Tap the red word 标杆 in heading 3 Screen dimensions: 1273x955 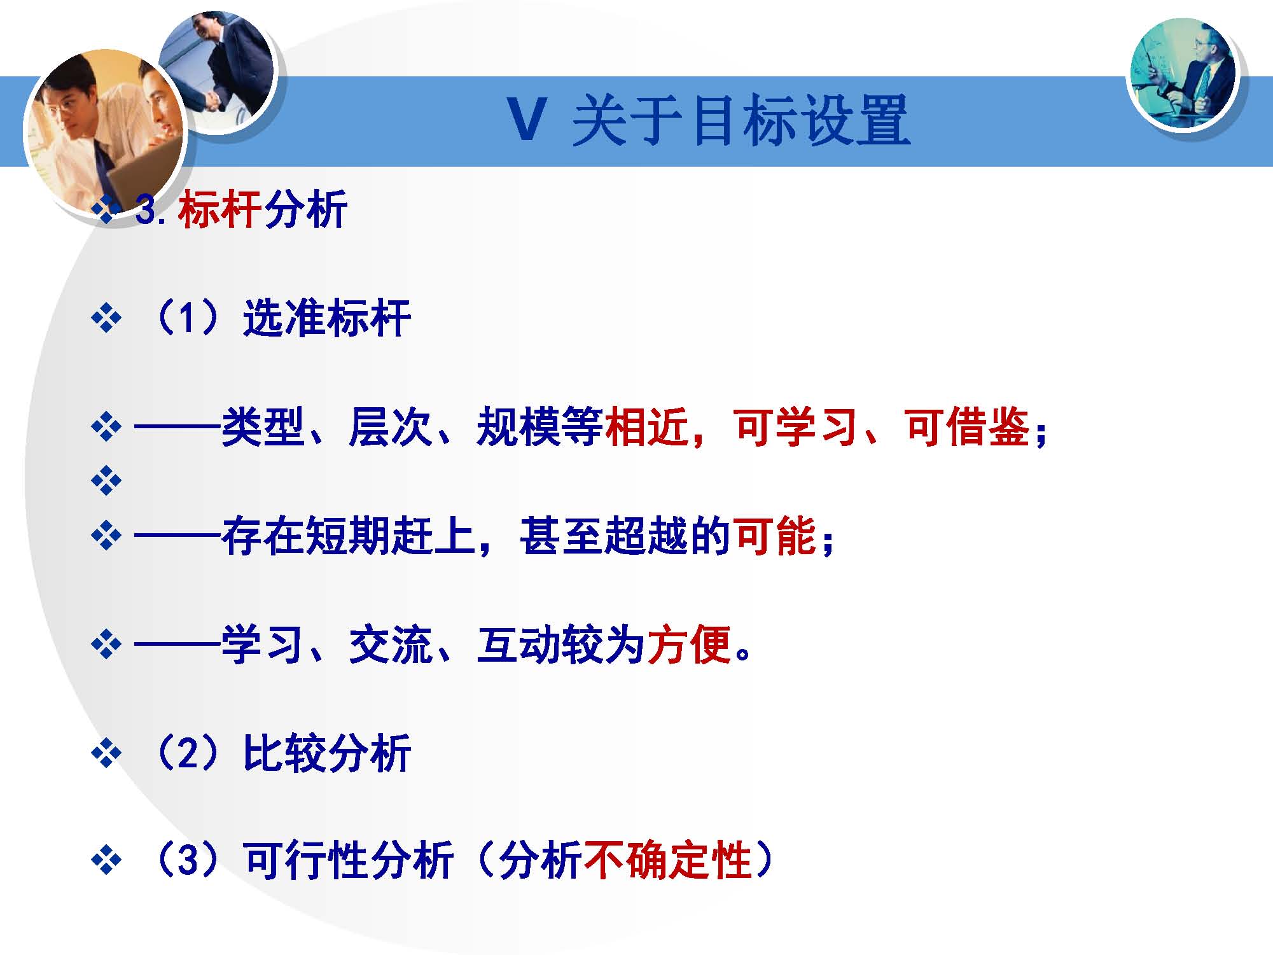(x=220, y=209)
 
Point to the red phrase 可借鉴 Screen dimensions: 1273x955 (x=966, y=427)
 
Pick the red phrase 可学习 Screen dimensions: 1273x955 (x=796, y=427)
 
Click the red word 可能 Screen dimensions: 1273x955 (x=775, y=536)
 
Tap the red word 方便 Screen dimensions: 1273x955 (x=689, y=645)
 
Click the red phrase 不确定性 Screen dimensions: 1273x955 (x=667, y=861)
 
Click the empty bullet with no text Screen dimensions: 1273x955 (x=106, y=480)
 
